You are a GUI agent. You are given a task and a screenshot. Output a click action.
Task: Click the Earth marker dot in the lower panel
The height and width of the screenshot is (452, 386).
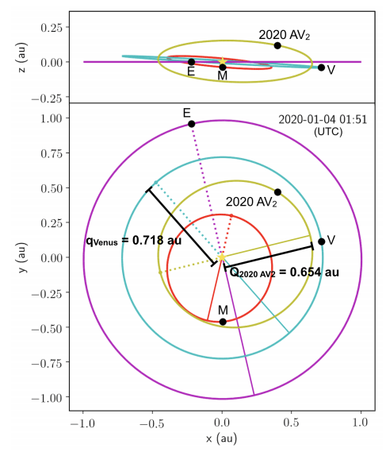192,123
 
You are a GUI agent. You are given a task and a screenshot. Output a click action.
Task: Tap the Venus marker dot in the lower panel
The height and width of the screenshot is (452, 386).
321,241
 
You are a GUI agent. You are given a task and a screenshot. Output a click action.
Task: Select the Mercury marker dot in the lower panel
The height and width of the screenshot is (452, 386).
223,322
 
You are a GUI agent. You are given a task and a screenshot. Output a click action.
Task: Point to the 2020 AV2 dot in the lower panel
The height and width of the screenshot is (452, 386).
277,192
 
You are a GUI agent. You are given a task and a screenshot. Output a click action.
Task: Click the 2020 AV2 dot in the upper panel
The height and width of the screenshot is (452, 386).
277,45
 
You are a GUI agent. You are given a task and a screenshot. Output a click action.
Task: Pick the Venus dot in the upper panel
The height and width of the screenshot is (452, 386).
321,68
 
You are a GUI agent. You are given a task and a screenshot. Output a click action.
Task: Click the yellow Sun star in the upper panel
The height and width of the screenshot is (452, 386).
223,61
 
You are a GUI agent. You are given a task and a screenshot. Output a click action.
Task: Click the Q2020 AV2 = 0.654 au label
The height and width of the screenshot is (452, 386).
284,272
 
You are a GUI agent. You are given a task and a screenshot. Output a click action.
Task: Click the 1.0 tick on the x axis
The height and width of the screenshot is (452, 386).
361,421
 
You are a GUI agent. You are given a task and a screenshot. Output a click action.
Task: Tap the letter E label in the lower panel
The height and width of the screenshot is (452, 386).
186,112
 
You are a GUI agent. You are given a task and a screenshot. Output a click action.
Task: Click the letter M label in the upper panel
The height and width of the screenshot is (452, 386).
223,75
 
